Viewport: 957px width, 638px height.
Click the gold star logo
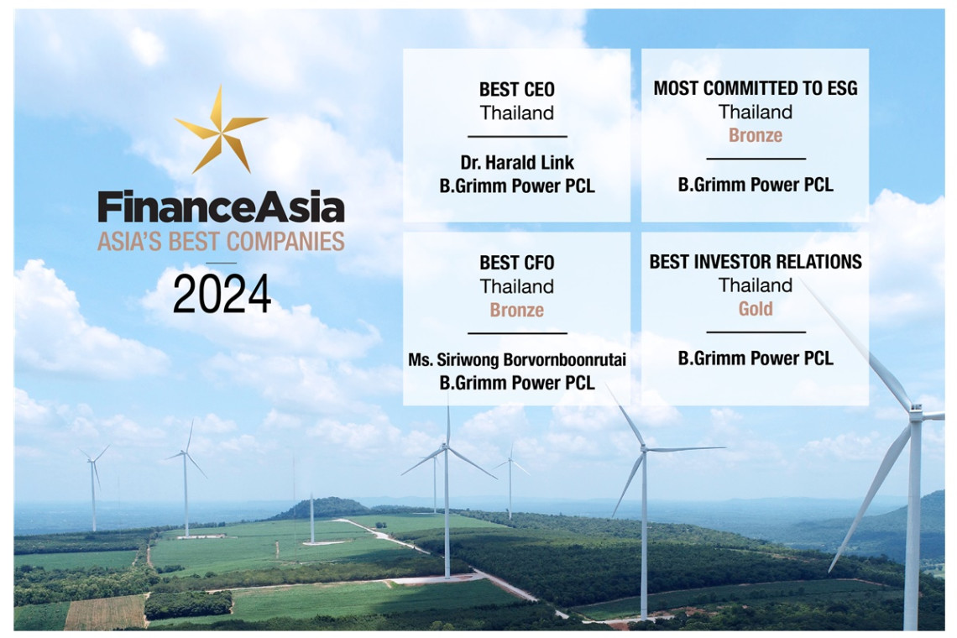[220, 129]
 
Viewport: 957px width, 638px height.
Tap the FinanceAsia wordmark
[221, 207]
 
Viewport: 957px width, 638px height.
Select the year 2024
[222, 294]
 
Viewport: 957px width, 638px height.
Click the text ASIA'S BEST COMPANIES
[221, 242]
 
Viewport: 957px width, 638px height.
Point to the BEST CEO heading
[517, 90]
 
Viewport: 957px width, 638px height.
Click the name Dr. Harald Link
[517, 162]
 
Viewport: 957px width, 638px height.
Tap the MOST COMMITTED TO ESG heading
[756, 88]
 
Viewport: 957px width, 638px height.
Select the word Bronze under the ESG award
[756, 135]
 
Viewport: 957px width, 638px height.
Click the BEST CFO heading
[517, 263]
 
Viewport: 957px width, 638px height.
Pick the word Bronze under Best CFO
[517, 310]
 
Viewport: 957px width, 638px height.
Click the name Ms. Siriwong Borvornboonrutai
[517, 360]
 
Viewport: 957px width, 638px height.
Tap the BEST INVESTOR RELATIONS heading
[756, 262]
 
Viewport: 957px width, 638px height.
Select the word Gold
[756, 309]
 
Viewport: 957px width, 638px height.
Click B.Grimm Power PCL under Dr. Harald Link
[517, 186]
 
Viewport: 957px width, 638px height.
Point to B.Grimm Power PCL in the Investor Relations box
[756, 358]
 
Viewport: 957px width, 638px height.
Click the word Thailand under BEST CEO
[517, 113]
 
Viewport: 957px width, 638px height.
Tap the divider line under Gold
[756, 332]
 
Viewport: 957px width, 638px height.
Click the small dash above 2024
[222, 263]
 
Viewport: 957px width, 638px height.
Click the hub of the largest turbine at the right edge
[916, 408]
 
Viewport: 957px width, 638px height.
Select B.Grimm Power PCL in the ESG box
[756, 185]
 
